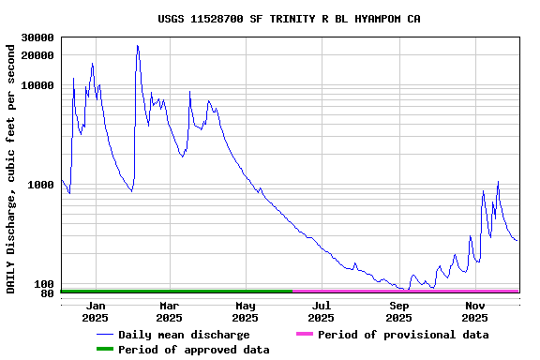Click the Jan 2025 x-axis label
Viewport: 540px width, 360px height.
point(96,311)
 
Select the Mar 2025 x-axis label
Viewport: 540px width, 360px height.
point(170,311)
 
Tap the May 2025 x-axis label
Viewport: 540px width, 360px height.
point(245,311)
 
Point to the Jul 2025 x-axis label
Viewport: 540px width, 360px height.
point(322,311)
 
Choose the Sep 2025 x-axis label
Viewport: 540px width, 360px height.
point(399,311)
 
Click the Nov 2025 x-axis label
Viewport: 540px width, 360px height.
point(475,311)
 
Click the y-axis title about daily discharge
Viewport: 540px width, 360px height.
point(11,168)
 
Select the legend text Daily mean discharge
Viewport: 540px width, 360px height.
point(184,335)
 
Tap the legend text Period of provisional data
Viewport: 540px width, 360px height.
point(403,335)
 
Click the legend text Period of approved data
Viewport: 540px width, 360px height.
point(194,350)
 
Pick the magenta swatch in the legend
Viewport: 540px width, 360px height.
point(304,335)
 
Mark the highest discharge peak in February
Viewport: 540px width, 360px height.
point(137,45)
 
